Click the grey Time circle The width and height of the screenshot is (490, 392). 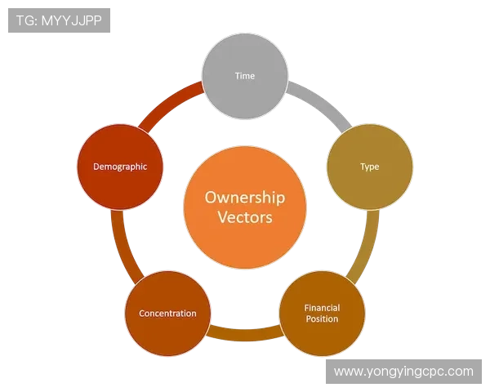(x=245, y=76)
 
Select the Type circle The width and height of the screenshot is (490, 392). (x=370, y=167)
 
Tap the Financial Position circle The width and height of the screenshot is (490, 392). (x=322, y=314)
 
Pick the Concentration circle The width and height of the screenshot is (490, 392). (x=167, y=314)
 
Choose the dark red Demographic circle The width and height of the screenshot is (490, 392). (x=120, y=167)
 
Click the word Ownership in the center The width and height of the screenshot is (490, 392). (x=245, y=198)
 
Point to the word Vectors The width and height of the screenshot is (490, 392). (x=245, y=217)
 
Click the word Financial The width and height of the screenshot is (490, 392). (x=323, y=308)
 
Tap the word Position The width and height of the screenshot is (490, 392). (x=323, y=318)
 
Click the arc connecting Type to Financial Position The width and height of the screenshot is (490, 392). (x=368, y=247)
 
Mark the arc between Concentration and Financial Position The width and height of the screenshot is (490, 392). (x=245, y=335)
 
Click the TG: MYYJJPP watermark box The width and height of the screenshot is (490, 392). (x=59, y=20)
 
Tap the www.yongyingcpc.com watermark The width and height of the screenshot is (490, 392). (x=403, y=372)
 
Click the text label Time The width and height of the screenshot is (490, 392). (x=245, y=76)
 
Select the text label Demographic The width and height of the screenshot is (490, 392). (x=120, y=167)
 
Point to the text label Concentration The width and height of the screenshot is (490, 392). (x=167, y=314)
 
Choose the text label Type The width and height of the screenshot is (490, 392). (x=370, y=167)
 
